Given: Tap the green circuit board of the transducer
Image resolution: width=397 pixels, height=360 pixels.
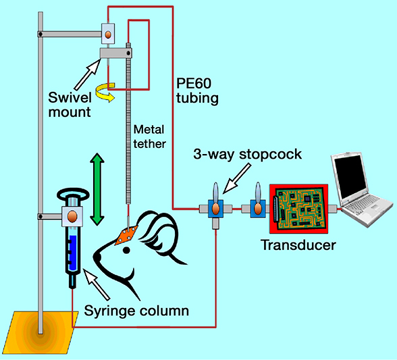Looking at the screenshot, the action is click(x=298, y=209).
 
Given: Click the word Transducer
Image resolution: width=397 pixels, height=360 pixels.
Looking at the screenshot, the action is click(x=298, y=245).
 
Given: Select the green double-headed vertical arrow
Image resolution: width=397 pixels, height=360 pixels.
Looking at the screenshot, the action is click(x=97, y=189).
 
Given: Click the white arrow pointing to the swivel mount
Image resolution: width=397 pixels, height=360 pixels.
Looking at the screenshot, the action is click(x=88, y=73).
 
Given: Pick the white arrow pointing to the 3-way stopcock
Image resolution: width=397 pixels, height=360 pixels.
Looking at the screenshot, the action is click(x=237, y=178).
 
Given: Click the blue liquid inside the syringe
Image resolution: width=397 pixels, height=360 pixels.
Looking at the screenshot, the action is click(x=73, y=253).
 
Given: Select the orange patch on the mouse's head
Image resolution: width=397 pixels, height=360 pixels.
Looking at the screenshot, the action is click(x=126, y=235).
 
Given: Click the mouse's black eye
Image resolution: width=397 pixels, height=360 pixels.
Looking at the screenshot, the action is click(x=126, y=251).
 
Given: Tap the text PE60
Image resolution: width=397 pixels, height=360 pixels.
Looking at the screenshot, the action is click(x=194, y=83).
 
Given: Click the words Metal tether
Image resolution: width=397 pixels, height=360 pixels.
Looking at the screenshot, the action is click(x=150, y=137).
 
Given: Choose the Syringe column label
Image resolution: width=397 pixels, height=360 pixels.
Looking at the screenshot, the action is click(x=136, y=311).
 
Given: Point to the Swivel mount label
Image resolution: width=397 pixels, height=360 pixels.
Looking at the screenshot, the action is click(x=70, y=105).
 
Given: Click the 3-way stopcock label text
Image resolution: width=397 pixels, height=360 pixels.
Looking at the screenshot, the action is click(x=247, y=154).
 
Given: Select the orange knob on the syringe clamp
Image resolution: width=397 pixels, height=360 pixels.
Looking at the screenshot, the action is click(x=72, y=216).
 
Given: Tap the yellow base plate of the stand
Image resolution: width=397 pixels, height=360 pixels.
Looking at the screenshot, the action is click(x=42, y=332).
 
